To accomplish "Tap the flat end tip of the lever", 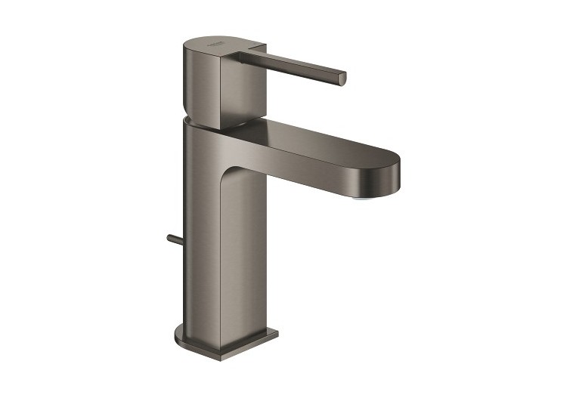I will pyautogui.click(x=342, y=77).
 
